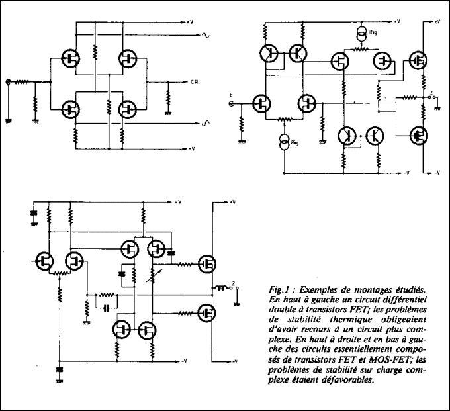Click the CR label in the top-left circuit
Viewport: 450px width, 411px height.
[x=195, y=82]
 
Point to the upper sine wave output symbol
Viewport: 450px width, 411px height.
[x=206, y=35]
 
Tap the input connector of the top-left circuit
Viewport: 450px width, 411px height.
[x=8, y=82]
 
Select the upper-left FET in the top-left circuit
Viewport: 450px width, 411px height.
[x=71, y=58]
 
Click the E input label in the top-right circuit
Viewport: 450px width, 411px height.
[x=231, y=95]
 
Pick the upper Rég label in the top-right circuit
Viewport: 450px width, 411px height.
[x=373, y=32]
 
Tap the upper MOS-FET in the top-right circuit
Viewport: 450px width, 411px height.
[x=418, y=61]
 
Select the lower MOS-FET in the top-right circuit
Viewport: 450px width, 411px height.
[x=418, y=136]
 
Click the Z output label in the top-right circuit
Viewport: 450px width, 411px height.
[x=431, y=93]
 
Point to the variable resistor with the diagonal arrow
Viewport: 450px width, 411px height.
[x=153, y=275]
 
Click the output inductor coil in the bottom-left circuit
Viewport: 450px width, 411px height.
[x=221, y=287]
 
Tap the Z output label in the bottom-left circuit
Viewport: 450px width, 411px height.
[x=234, y=283]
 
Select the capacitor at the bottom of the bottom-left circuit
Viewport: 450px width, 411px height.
[x=60, y=369]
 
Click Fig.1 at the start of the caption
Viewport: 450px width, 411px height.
[x=279, y=289]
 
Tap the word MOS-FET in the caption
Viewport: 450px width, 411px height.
[x=388, y=359]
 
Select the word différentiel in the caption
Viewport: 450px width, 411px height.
[x=404, y=299]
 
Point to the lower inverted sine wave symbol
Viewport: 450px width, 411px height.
[x=206, y=123]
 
